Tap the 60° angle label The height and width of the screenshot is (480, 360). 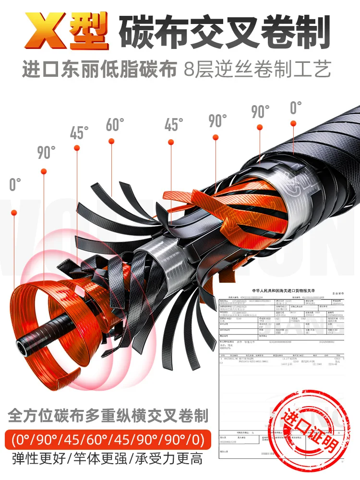[115, 125]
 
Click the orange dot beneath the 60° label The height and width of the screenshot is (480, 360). [111, 141]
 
